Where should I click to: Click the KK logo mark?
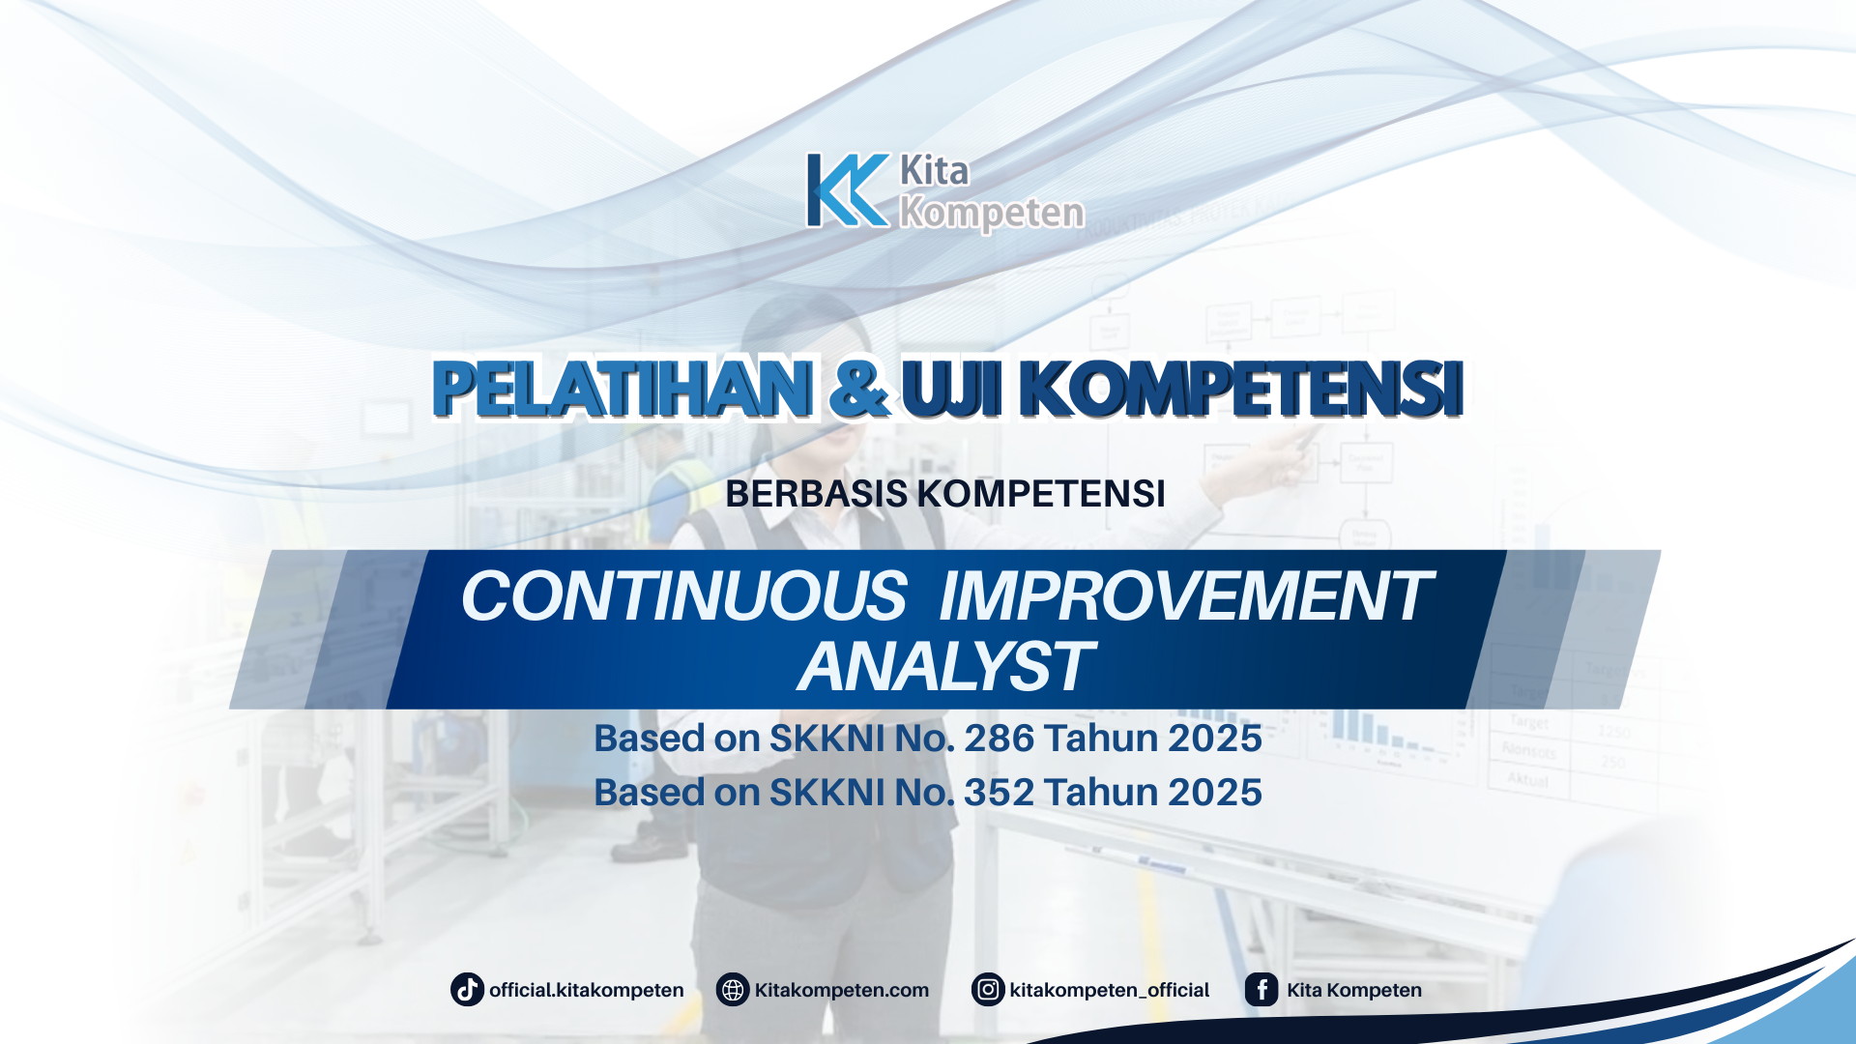848,190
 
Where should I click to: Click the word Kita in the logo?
934,171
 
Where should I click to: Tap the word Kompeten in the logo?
992,213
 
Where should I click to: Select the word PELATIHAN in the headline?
623,389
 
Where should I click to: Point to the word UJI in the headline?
951,389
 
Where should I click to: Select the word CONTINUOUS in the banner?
683,595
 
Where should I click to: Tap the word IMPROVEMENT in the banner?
1184,595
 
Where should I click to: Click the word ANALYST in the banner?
944,667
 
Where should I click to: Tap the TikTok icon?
467,990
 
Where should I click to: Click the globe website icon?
733,990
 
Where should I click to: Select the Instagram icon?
988,990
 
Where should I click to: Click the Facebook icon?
1261,990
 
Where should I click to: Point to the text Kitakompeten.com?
841,990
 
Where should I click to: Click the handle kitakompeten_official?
1109,990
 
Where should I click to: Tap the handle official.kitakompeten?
586,990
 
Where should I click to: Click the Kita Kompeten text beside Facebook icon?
1353,990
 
